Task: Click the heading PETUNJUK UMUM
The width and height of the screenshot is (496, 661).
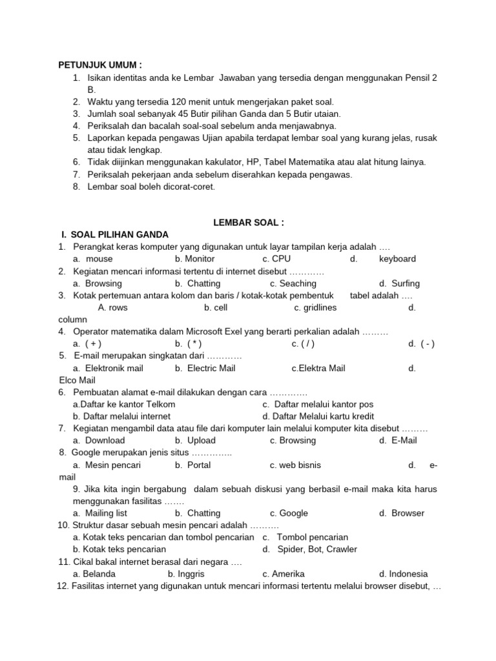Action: tap(99, 65)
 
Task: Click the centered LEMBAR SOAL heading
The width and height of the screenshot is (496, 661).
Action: tap(249, 223)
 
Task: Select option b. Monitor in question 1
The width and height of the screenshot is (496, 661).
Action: tap(194, 259)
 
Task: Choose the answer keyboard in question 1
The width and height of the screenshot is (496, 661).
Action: tap(397, 259)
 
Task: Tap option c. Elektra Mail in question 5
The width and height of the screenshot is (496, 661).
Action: tap(318, 369)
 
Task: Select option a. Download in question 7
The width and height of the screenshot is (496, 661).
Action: tap(99, 440)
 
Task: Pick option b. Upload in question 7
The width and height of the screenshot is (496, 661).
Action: tap(195, 440)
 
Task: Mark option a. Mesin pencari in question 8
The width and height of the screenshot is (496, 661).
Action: tap(107, 465)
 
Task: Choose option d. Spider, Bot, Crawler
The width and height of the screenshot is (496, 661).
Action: tap(309, 549)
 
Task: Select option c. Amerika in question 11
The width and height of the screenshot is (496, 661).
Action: tap(284, 574)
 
